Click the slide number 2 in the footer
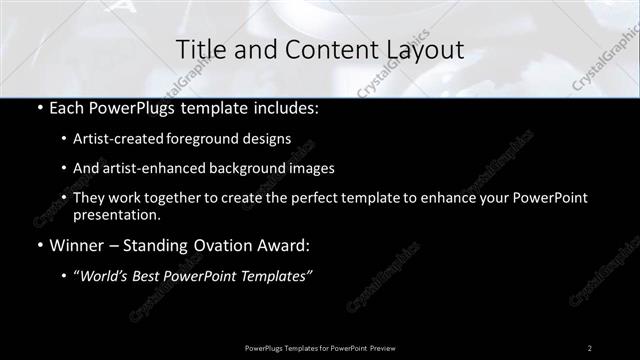pyautogui.click(x=590, y=348)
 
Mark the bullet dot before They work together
pyautogui.click(x=64, y=198)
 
